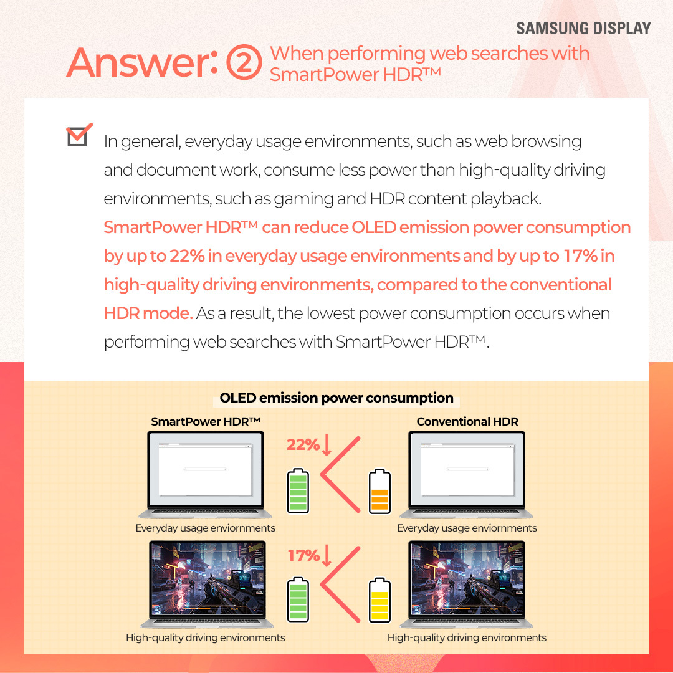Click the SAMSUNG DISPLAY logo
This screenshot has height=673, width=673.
pyautogui.click(x=583, y=29)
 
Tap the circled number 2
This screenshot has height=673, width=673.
pyautogui.click(x=243, y=64)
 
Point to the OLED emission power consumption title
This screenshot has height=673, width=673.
pyautogui.click(x=336, y=398)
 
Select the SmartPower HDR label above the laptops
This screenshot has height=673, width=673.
pyautogui.click(x=205, y=422)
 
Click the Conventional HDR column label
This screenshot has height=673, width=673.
pyautogui.click(x=467, y=422)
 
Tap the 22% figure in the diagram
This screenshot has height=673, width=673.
pyautogui.click(x=302, y=445)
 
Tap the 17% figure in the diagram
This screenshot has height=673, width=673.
pyautogui.click(x=303, y=555)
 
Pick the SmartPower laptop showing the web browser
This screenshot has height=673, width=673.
pyautogui.click(x=205, y=474)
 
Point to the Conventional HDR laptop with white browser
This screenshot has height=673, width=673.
pyautogui.click(x=467, y=474)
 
